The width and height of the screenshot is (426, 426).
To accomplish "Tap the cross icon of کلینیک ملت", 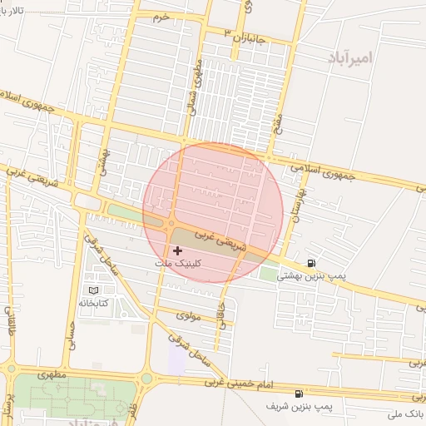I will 177,250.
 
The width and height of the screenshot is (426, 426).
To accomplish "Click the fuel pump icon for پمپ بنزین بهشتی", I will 311,264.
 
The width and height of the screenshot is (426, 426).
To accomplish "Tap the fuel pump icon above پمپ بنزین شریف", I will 298,394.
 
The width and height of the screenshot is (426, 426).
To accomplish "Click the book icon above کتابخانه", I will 93,290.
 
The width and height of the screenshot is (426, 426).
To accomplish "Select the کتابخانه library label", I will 94,303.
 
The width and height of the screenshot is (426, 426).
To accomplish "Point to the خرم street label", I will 161,16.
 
